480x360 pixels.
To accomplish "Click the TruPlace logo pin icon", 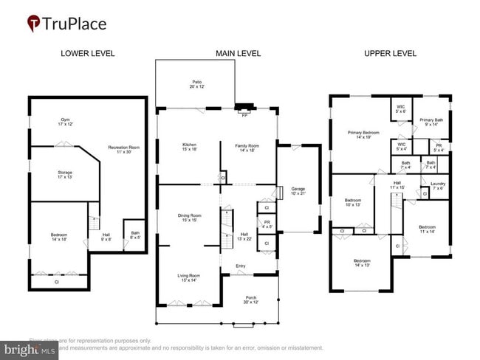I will pos(34,24).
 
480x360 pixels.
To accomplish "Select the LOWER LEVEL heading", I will pos(86,54).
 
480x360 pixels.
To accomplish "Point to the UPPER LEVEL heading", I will pos(390,54).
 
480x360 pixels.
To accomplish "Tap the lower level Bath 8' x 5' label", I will pos(134,235).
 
